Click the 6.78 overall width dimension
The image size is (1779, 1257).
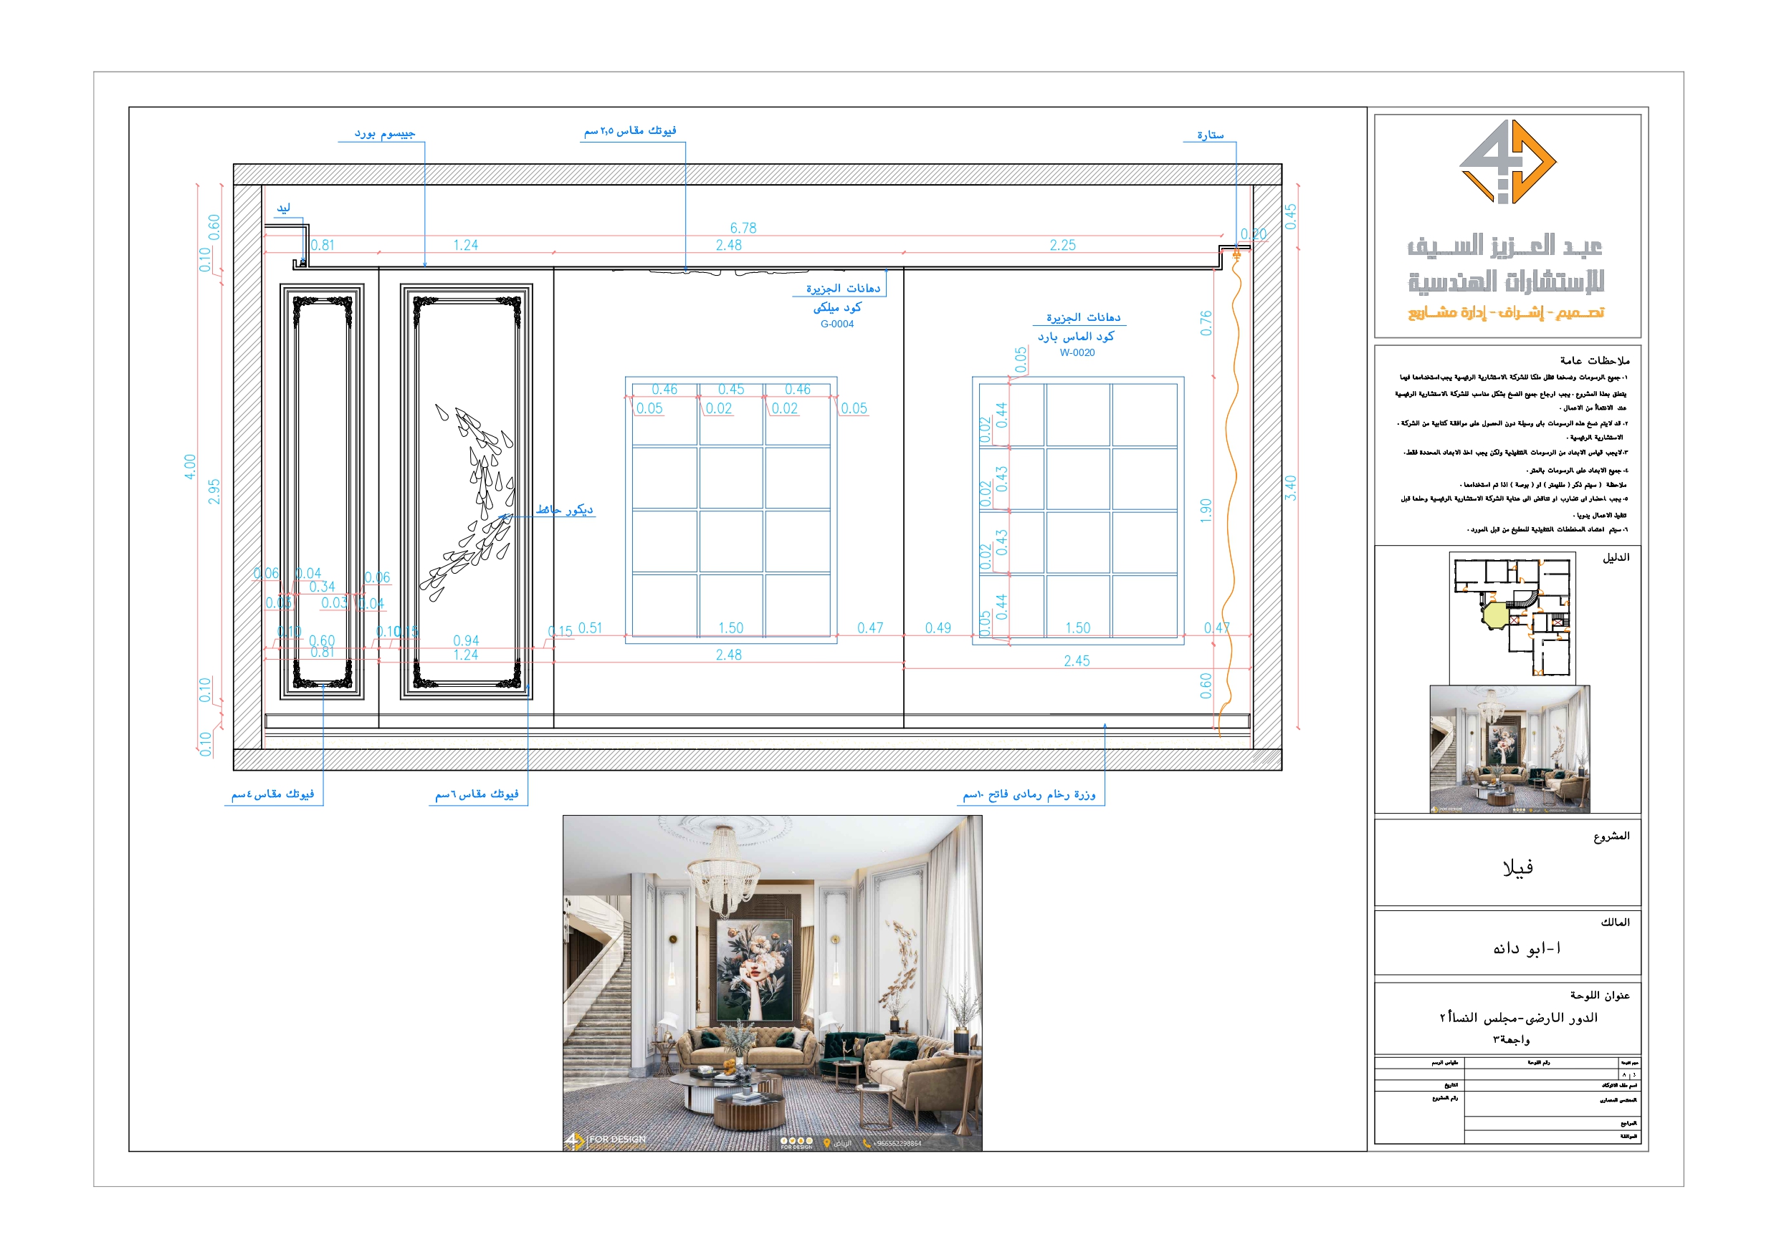click(743, 228)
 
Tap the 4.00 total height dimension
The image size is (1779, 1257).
click(190, 466)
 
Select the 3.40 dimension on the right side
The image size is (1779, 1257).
click(1290, 487)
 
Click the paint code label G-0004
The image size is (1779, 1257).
click(836, 324)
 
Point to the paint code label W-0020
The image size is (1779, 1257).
click(1077, 353)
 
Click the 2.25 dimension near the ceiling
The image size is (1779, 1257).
click(1062, 246)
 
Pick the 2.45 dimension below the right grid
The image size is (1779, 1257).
click(1077, 660)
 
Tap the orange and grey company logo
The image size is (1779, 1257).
click(1507, 162)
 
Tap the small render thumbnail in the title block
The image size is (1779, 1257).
click(1509, 748)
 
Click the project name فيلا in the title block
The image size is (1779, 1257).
click(1517, 868)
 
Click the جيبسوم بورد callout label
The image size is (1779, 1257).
click(384, 134)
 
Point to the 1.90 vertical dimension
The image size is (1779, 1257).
click(1206, 511)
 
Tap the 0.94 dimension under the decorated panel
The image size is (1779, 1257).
click(466, 640)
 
